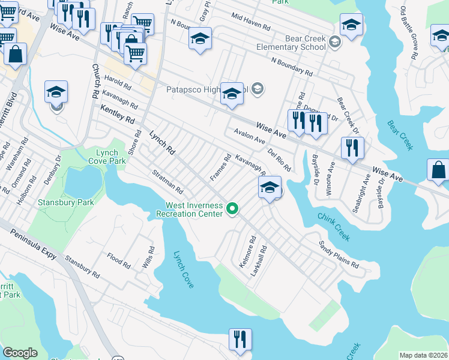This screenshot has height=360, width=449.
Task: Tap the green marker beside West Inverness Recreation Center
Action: (x=232, y=209)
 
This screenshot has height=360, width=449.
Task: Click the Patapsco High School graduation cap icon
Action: (x=232, y=94)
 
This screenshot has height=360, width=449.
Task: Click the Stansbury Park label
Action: (x=66, y=203)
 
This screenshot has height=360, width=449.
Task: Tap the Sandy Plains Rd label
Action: (x=338, y=255)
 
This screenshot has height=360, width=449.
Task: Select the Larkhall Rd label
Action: (x=262, y=256)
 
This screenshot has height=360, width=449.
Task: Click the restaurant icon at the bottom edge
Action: (x=240, y=340)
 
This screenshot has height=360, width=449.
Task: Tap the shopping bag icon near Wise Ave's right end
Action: (x=439, y=170)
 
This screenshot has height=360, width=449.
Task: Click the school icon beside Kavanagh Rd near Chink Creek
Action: (x=270, y=188)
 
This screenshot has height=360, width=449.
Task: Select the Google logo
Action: (x=20, y=353)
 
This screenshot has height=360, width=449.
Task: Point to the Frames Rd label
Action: (x=220, y=168)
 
